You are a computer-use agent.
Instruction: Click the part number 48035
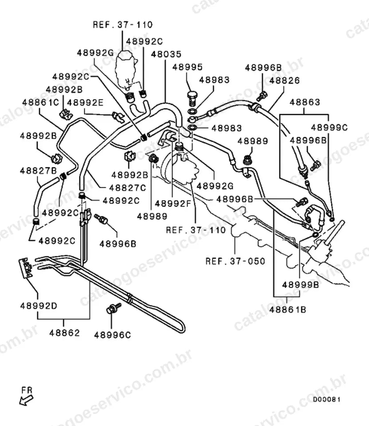point(166,54)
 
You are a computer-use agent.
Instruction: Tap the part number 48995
point(188,67)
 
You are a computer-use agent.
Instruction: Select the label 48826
point(285,80)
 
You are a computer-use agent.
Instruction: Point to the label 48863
point(305,102)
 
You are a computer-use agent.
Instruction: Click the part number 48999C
point(330,127)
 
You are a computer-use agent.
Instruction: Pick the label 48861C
point(40,103)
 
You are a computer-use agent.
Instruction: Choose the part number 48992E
point(85,103)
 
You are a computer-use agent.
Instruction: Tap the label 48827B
point(38,171)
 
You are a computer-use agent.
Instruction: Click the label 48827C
point(128,187)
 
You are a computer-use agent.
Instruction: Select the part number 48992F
point(173,203)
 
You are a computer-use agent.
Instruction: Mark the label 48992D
point(39,306)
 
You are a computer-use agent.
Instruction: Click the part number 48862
point(65,333)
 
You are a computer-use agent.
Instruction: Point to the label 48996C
point(113,335)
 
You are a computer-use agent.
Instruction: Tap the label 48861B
point(287,310)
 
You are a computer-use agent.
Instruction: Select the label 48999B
point(301,285)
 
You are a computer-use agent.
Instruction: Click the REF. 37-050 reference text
point(235,261)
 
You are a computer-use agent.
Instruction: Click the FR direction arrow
point(26,400)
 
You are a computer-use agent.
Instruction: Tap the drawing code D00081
point(327,399)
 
